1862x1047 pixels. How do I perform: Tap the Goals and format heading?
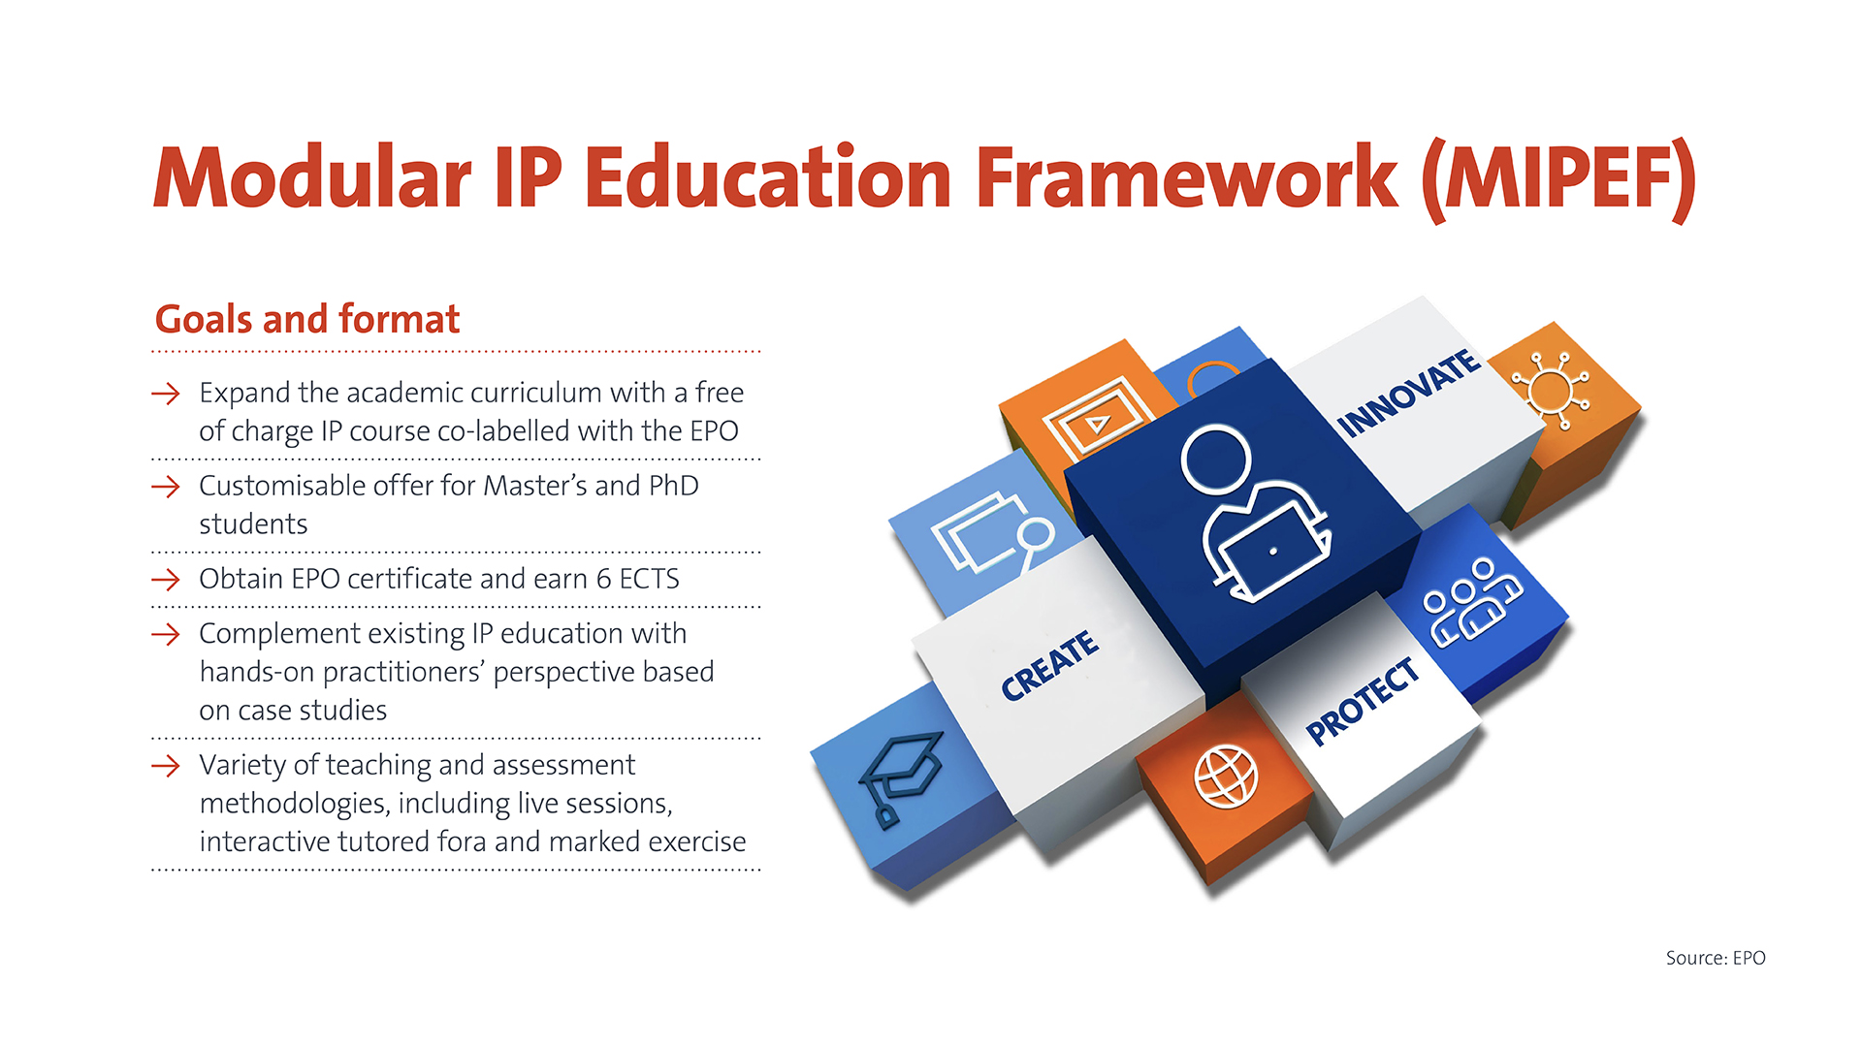(x=307, y=319)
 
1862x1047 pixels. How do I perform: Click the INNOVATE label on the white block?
(x=1409, y=394)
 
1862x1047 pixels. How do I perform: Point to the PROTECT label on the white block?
(x=1363, y=701)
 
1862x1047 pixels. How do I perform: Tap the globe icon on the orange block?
(x=1226, y=777)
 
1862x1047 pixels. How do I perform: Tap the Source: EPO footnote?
(x=1716, y=958)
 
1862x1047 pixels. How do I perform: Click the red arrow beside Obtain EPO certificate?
(x=166, y=580)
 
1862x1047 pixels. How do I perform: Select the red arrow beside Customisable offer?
(x=166, y=487)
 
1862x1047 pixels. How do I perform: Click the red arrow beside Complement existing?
(x=166, y=634)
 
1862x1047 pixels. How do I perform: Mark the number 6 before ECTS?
(x=603, y=579)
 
